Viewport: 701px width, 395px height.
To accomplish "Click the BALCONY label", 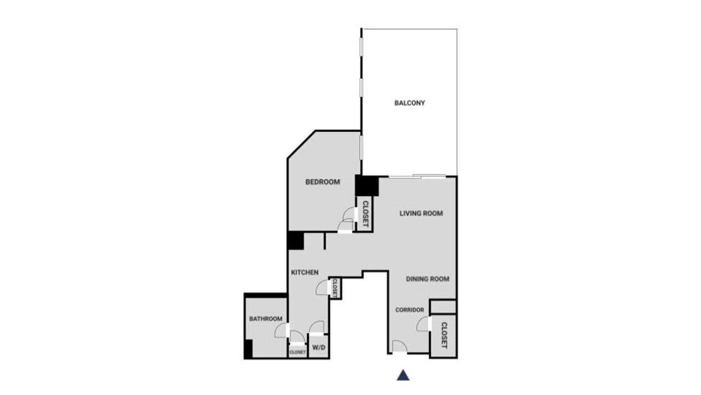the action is point(409,103).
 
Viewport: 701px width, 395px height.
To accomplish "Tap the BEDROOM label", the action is point(323,182).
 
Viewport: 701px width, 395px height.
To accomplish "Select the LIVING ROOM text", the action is point(421,213).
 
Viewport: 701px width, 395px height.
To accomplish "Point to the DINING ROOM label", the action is point(428,279).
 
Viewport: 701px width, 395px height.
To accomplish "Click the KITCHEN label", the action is point(305,273).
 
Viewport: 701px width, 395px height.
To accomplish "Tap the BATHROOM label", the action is point(266,319).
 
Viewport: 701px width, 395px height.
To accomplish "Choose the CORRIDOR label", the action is point(410,310).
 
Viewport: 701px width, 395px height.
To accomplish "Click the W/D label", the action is point(319,347).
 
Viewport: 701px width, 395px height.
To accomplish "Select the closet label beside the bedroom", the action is point(365,214).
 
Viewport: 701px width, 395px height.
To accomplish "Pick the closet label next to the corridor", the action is point(444,335).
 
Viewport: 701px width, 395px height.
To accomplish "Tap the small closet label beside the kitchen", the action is point(335,288).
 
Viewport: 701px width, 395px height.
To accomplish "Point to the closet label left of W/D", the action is point(297,352).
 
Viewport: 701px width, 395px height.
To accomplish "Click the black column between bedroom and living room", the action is point(367,185).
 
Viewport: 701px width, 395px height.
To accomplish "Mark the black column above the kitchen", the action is point(295,241).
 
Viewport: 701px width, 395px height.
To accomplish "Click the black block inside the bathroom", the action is point(249,348).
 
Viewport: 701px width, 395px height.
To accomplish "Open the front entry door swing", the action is point(400,346).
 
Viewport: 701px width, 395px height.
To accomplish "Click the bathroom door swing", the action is point(281,330).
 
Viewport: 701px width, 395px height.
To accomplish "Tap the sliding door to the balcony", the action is point(417,177).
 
